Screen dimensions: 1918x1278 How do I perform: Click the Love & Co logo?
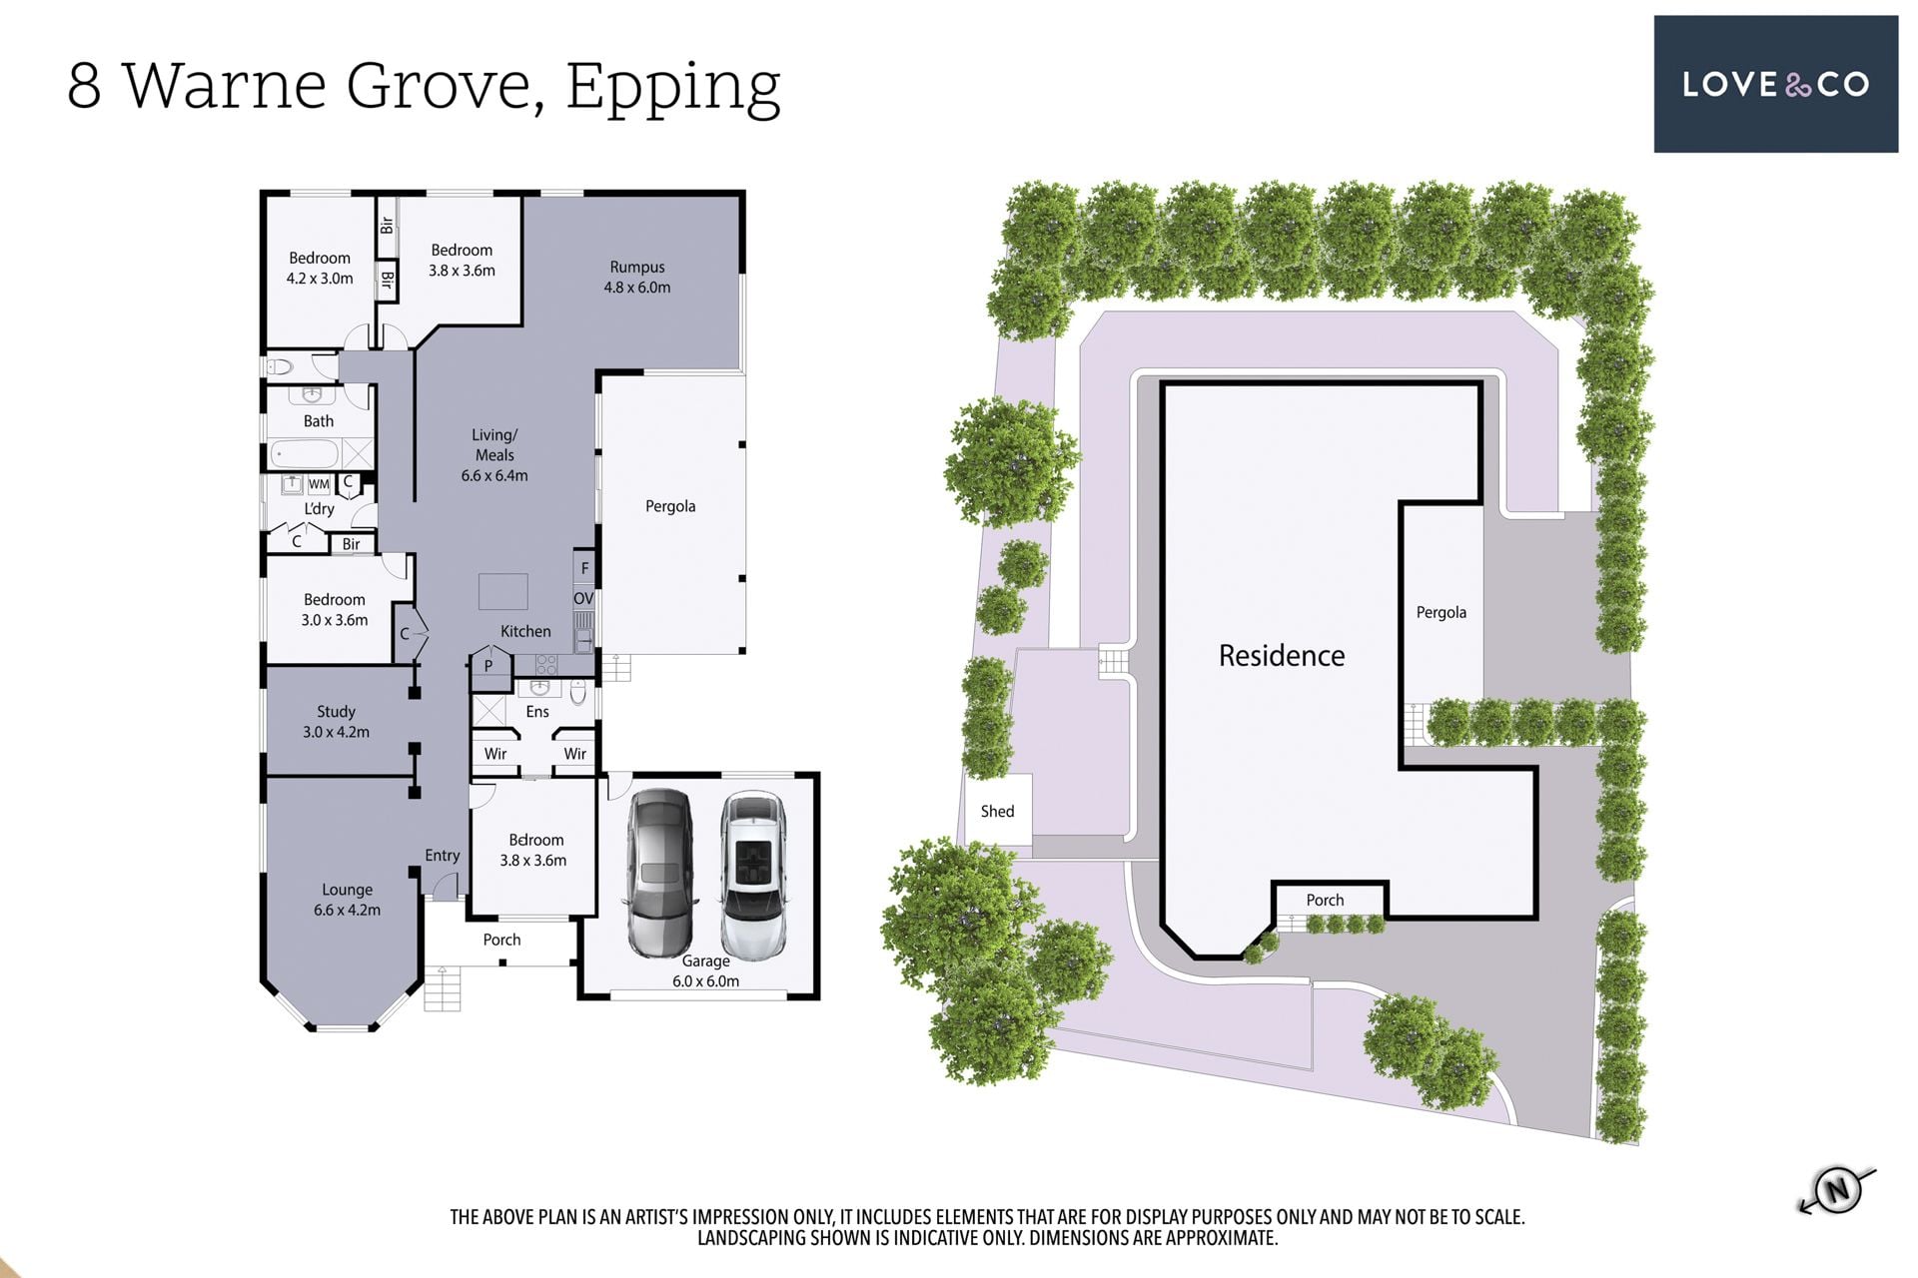pyautogui.click(x=1775, y=84)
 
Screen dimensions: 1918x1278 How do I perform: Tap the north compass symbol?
pyautogui.click(x=1836, y=1189)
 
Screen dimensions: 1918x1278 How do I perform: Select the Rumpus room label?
pyautogui.click(x=637, y=278)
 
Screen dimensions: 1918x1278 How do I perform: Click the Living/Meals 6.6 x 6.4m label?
pyautogui.click(x=494, y=455)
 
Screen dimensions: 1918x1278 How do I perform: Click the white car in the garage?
pyautogui.click(x=753, y=875)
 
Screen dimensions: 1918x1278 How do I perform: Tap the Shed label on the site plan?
pyautogui.click(x=997, y=812)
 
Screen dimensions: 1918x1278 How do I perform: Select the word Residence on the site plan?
pyautogui.click(x=1282, y=656)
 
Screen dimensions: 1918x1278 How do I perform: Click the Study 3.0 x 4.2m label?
pyautogui.click(x=336, y=722)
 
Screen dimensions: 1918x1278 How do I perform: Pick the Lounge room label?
pyautogui.click(x=347, y=900)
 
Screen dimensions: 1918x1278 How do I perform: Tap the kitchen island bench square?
pyautogui.click(x=502, y=591)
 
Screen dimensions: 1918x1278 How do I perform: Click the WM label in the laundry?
pyautogui.click(x=319, y=484)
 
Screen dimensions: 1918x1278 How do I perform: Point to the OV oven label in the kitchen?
pyautogui.click(x=583, y=598)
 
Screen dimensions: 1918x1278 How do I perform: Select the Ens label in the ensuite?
pyautogui.click(x=537, y=712)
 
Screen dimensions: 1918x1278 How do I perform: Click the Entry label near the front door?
pyautogui.click(x=443, y=856)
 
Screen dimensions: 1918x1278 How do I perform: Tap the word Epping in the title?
pyautogui.click(x=673, y=88)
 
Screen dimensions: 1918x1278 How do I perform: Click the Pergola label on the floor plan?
pyautogui.click(x=670, y=506)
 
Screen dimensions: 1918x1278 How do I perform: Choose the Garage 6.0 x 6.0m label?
pyautogui.click(x=706, y=971)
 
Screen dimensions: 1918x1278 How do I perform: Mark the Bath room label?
pyautogui.click(x=319, y=421)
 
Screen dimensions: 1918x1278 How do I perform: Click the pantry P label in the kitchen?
pyautogui.click(x=488, y=666)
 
